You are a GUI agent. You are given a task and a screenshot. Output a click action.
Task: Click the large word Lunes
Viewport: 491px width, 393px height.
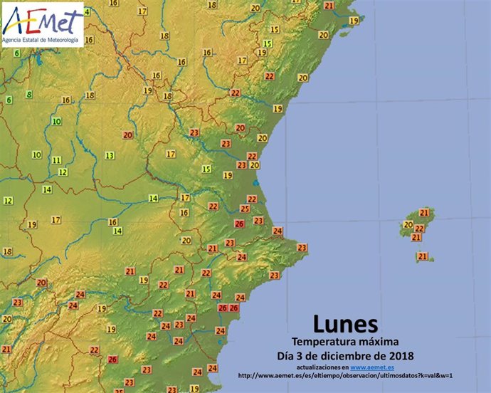[x=346, y=325]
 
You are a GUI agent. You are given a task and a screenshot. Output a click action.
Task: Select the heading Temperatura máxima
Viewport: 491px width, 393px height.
[x=345, y=342]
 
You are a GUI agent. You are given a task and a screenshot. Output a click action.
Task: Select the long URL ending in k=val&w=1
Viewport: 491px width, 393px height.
[x=345, y=376]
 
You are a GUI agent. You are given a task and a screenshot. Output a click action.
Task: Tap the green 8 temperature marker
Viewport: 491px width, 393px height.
[x=29, y=95]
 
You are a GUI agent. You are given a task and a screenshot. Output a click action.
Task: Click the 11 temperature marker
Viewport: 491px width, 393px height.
[x=56, y=160]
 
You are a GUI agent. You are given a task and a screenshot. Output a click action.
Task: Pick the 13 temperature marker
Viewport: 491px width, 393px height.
[x=110, y=155]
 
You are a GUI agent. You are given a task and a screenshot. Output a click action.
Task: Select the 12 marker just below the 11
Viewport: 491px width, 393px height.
[x=63, y=172]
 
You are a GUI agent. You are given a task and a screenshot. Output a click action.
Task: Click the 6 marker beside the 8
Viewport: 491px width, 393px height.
[x=9, y=100]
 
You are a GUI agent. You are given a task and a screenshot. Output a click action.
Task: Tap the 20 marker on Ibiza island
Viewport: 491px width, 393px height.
[x=408, y=225]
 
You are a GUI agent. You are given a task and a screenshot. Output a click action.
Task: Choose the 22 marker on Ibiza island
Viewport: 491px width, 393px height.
[x=419, y=229]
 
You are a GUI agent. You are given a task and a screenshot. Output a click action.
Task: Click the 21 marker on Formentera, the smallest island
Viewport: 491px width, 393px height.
[x=422, y=256]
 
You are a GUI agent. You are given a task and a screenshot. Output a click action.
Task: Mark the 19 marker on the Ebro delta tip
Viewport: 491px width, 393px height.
[x=278, y=109]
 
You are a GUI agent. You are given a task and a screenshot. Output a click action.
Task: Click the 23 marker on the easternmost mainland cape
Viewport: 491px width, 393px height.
[x=302, y=248]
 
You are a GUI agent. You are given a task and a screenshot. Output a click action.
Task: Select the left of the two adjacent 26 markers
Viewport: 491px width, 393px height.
[x=223, y=308]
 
